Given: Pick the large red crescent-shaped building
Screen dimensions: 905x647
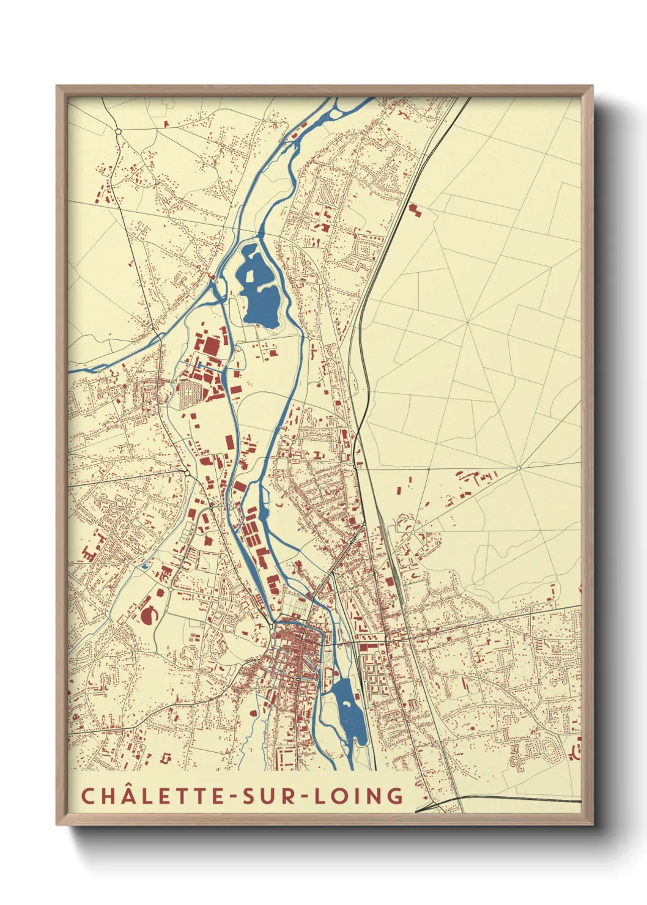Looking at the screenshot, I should [x=147, y=614].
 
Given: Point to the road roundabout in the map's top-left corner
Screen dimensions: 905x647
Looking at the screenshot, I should [x=118, y=131].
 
